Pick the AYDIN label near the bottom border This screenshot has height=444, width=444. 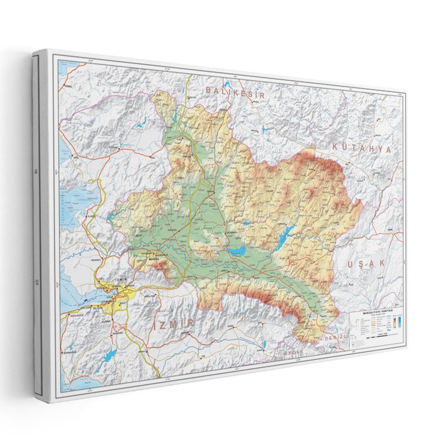point(294,352)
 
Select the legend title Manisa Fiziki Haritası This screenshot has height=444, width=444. point(376,313)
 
